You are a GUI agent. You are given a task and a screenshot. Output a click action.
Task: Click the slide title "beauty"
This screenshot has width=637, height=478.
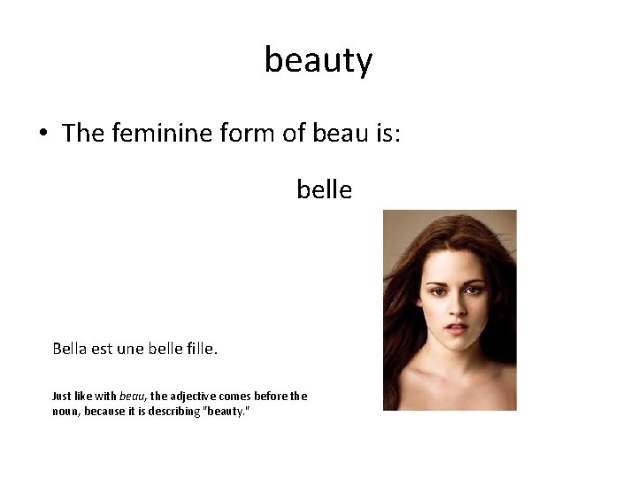pos(318,60)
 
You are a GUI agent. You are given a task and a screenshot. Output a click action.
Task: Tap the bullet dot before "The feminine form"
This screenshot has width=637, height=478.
pos(42,135)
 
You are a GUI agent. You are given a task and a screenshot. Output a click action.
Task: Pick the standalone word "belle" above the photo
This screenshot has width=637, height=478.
pos(324,189)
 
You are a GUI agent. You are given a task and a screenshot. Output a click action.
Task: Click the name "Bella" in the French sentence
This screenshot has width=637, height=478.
pos(72,349)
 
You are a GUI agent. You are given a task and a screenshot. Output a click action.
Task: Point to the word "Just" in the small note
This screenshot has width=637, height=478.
pos(63,397)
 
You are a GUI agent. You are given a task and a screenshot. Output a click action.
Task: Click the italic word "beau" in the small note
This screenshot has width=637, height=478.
pos(131,397)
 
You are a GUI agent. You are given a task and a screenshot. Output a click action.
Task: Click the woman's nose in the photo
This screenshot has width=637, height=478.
pos(457,310)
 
